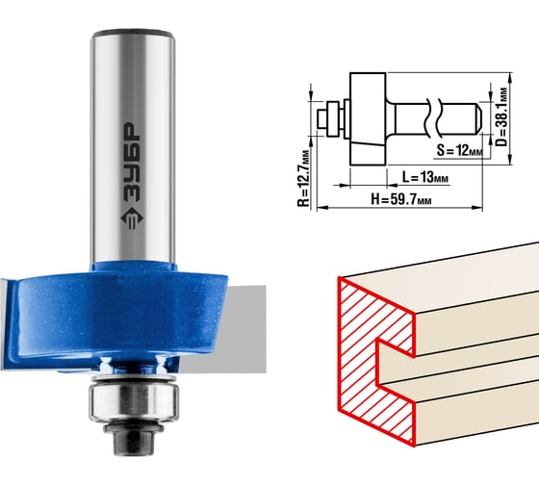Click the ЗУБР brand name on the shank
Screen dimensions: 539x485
(x=133, y=164)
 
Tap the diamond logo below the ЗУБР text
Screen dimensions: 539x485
(x=133, y=219)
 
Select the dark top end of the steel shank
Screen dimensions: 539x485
(x=133, y=34)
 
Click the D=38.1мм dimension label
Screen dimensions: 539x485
(x=501, y=116)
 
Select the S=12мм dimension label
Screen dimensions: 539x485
(x=460, y=150)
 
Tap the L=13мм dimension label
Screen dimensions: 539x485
(x=424, y=177)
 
